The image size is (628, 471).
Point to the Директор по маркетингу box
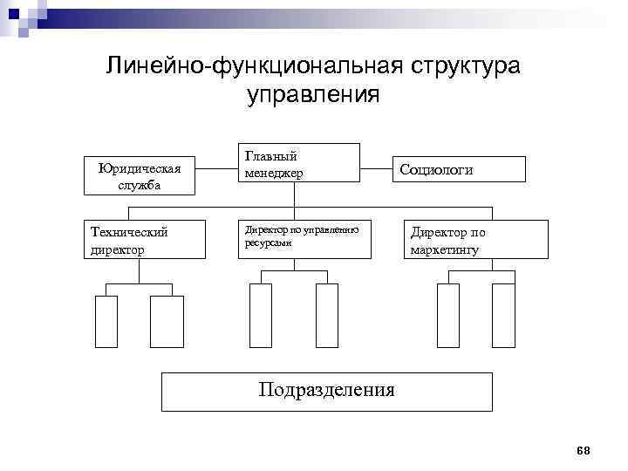pyautogui.click(x=475, y=240)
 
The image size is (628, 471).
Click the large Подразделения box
pyautogui.click(x=327, y=392)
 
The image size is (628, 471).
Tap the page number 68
pyautogui.click(x=584, y=450)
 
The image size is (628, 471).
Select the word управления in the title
pyautogui.click(x=313, y=93)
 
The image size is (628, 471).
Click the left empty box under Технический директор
pyautogui.click(x=106, y=322)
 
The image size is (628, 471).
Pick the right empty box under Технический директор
pyautogui.click(x=167, y=322)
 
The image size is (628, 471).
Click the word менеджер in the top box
pyautogui.click(x=274, y=173)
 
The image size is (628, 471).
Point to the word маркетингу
pyautogui.click(x=445, y=250)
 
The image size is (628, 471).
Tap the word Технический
pyautogui.click(x=129, y=232)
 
